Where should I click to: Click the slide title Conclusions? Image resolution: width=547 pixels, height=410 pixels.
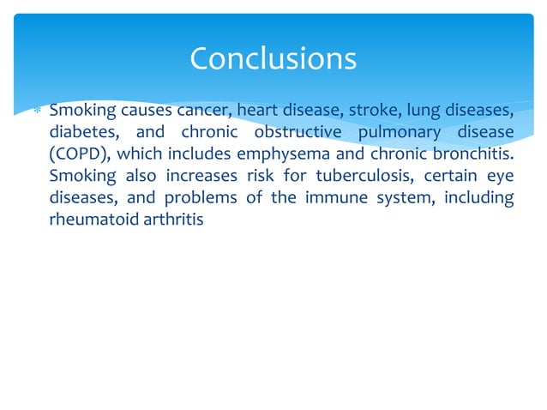pos(273,58)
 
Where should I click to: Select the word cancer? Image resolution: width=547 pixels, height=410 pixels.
pos(203,111)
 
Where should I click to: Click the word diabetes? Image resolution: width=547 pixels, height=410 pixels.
pos(81,133)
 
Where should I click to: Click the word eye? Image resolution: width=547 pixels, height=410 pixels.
pos(501,177)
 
